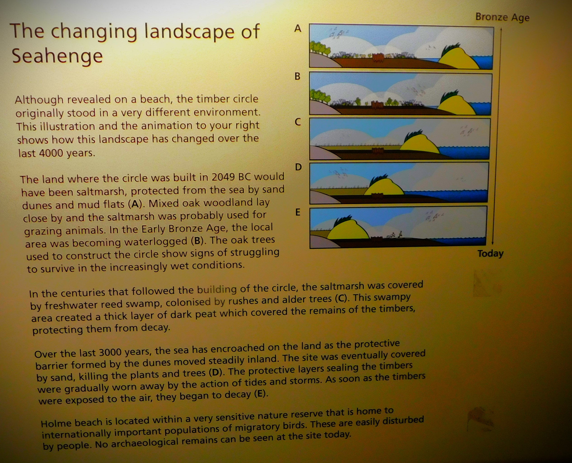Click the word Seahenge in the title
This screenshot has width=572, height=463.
tap(57, 56)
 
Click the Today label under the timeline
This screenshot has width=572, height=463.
tap(490, 253)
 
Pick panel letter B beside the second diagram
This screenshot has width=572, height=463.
tap(297, 76)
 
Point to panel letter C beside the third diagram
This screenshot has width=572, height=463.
tap(298, 122)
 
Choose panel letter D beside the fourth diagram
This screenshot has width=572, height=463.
tap(298, 167)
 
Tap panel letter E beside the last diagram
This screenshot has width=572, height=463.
tap(298, 212)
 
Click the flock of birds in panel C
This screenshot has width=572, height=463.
tap(469, 131)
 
